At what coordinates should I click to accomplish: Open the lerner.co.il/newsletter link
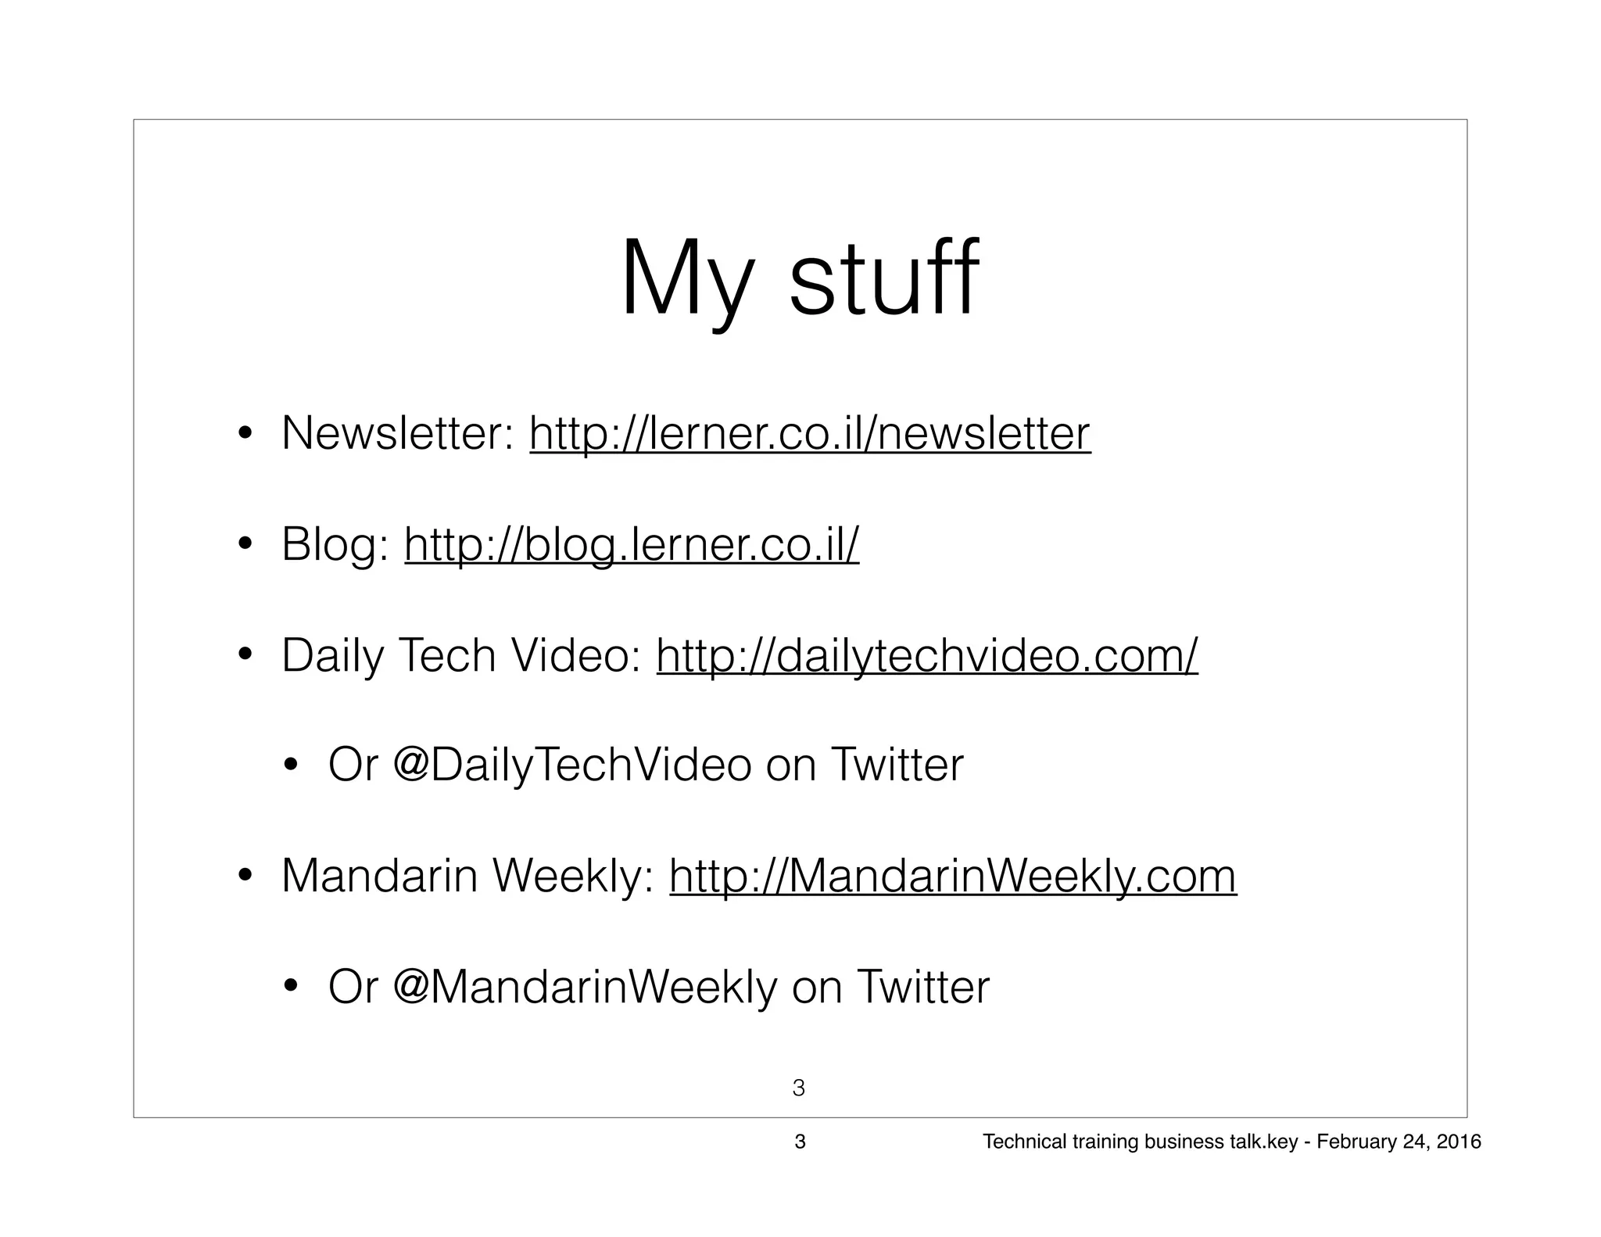click(809, 434)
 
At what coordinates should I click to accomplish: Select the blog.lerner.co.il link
click(632, 544)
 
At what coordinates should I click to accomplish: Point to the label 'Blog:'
click(335, 544)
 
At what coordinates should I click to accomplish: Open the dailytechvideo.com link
click(926, 655)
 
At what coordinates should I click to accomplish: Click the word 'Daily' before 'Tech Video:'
click(332, 655)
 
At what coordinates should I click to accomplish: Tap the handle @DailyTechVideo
click(572, 765)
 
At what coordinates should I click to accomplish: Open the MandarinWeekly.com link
click(953, 876)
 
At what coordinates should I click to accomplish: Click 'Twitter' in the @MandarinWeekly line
click(923, 987)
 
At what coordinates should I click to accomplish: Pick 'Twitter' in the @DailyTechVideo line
click(897, 765)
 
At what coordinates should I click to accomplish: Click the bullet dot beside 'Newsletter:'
click(245, 434)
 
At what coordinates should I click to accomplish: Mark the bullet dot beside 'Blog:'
click(245, 545)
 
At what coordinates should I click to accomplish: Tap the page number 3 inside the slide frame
click(799, 1088)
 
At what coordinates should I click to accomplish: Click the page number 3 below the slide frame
click(800, 1142)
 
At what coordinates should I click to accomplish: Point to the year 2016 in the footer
click(1460, 1142)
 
